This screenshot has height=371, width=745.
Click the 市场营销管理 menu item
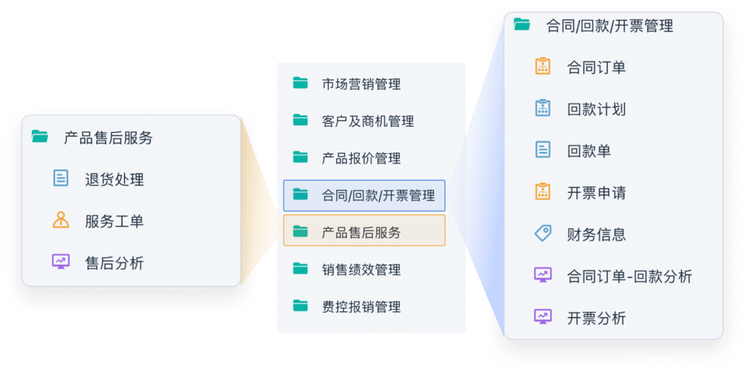pos(361,84)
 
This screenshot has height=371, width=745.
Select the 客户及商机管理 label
pos(368,121)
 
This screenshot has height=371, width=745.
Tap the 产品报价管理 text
pos(361,158)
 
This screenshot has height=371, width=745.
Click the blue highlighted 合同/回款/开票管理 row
pos(364,196)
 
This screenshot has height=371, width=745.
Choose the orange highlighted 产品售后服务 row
pos(364,232)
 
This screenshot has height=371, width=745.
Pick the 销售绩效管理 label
pos(361,270)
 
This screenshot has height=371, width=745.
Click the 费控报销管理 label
pos(361,307)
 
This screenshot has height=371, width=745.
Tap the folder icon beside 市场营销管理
pos(300,83)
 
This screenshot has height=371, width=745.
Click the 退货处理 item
pos(114,180)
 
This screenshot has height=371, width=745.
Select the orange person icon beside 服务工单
pos(61,220)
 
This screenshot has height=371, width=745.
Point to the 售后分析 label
pos(114,263)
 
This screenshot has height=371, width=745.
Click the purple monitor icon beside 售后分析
pos(61,262)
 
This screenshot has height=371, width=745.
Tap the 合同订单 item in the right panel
pos(596,67)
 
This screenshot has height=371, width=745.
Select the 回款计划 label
pos(596,109)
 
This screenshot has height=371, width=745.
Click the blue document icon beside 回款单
pos(543,150)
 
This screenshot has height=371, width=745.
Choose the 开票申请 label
pos(596,193)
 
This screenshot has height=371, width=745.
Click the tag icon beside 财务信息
pos(543,234)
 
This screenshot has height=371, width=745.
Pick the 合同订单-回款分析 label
pos(629,277)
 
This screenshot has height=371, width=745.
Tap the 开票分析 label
pos(596,318)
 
